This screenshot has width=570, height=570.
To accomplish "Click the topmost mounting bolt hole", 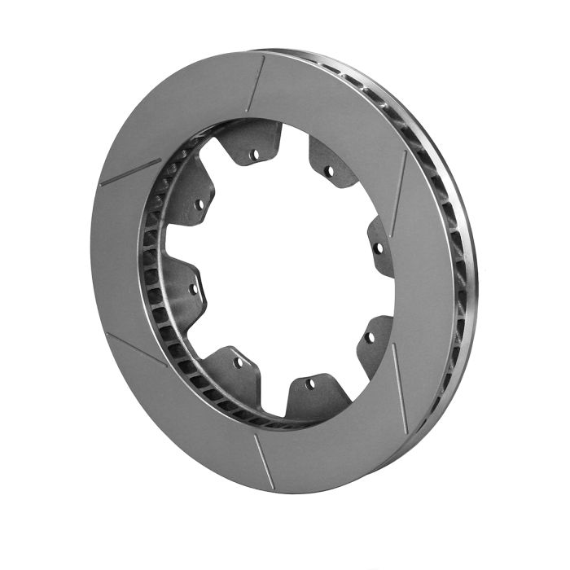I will (255, 154).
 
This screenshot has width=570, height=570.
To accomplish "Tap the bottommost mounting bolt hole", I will (310, 382).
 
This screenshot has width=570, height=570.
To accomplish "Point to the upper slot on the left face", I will (130, 172).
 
